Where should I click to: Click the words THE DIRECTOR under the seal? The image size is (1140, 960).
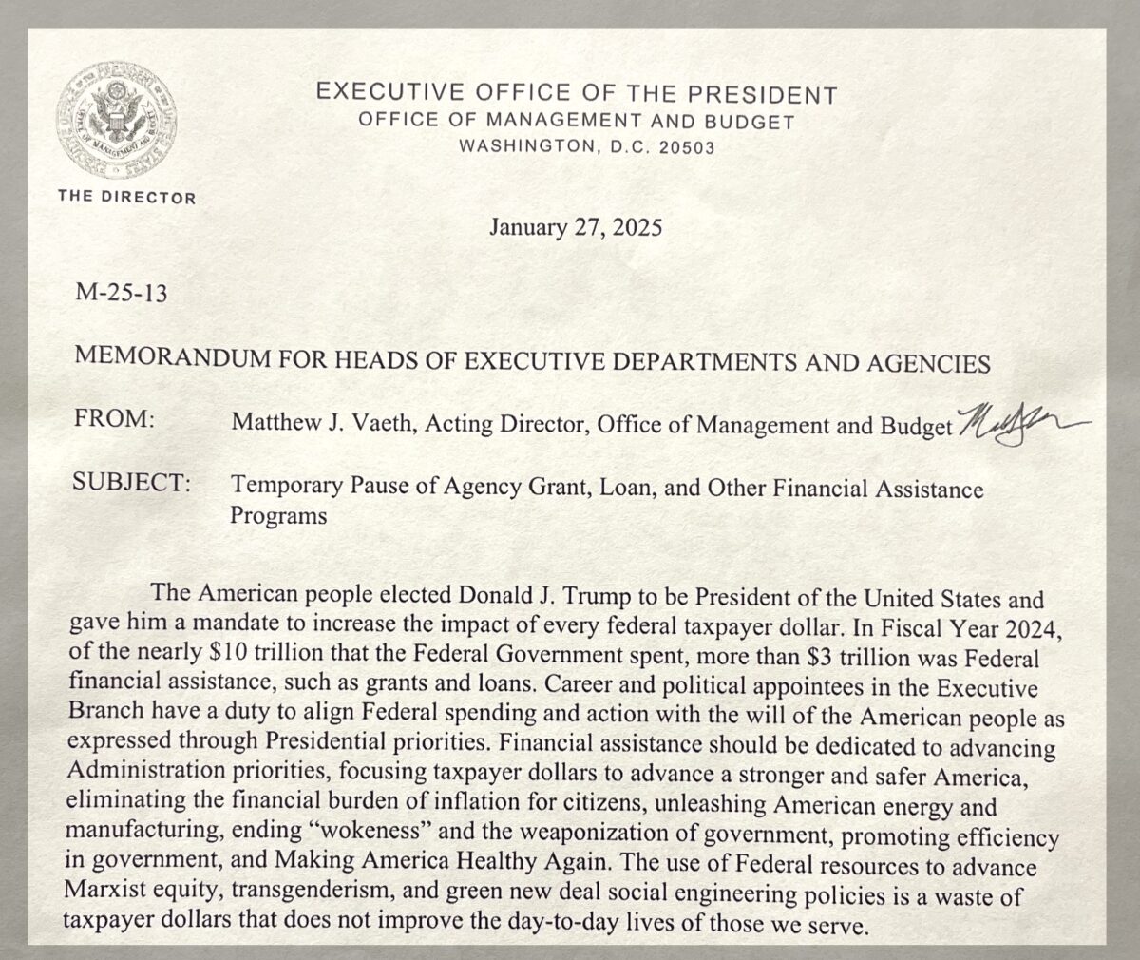pos(126,198)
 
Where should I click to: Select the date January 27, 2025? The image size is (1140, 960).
pos(576,228)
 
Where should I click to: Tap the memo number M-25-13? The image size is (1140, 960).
pos(121,294)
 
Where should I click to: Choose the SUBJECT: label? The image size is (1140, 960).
pos(132,483)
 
